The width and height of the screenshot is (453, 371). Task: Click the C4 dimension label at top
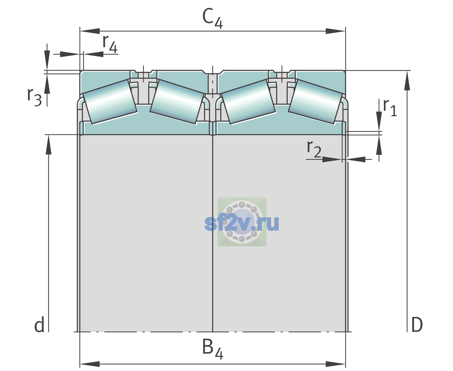click(x=212, y=18)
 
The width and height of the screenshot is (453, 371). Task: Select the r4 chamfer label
click(x=110, y=44)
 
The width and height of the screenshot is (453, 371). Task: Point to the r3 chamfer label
click(x=34, y=97)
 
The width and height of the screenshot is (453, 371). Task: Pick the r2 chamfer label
click(x=314, y=149)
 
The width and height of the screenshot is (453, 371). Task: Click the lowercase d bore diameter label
click(x=39, y=325)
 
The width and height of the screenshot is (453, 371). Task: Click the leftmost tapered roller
click(x=110, y=102)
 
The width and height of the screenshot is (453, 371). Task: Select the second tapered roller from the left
click(x=177, y=102)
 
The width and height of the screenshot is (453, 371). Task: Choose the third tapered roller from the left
click(x=248, y=102)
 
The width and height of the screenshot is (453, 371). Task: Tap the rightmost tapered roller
click(x=315, y=102)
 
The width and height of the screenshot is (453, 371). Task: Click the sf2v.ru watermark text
click(x=242, y=223)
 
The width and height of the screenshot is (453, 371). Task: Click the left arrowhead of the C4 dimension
click(x=90, y=31)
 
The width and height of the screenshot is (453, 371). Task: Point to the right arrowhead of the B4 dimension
click(x=335, y=364)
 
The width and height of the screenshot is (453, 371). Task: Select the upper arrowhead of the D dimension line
click(x=407, y=81)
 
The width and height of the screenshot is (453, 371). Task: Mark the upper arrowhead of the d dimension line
click(x=49, y=145)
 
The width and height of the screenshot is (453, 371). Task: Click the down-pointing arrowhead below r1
click(x=379, y=121)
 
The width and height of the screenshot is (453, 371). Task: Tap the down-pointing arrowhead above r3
click(x=47, y=60)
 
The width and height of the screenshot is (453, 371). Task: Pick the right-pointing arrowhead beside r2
click(x=332, y=159)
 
